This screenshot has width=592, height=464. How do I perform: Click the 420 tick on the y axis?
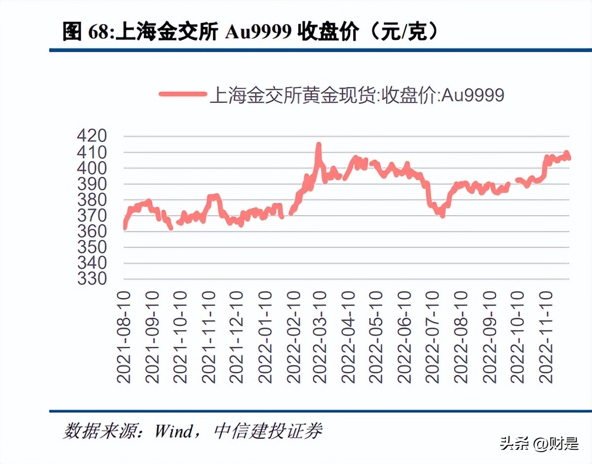pos(92,136)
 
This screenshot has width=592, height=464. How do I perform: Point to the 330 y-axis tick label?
pos(92,279)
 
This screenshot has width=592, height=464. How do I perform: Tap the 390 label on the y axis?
pos(92,184)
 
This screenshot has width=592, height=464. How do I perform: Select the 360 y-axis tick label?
pos(92,232)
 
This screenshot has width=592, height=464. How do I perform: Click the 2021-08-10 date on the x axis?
pos(124,337)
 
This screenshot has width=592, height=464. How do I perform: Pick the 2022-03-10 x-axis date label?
pos(320,337)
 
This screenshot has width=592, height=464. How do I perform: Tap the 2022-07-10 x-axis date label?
pos(432,337)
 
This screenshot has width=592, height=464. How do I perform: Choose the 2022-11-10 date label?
pos(546,337)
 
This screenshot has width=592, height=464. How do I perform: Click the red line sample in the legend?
pos(182,94)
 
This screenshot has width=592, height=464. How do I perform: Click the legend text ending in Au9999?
pos(357,94)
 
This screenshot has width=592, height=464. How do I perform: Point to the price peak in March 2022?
pos(319,144)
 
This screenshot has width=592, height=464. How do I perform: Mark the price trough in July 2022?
pos(442,215)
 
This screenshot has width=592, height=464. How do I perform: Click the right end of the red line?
pos(569,158)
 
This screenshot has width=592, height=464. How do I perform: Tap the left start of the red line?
pos(125,228)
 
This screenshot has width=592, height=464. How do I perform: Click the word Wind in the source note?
pos(173,431)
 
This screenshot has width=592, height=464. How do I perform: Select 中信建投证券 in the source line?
pos(268,431)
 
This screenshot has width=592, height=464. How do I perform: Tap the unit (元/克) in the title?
pos(403,33)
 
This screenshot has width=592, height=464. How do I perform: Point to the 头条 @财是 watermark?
pos(540,443)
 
